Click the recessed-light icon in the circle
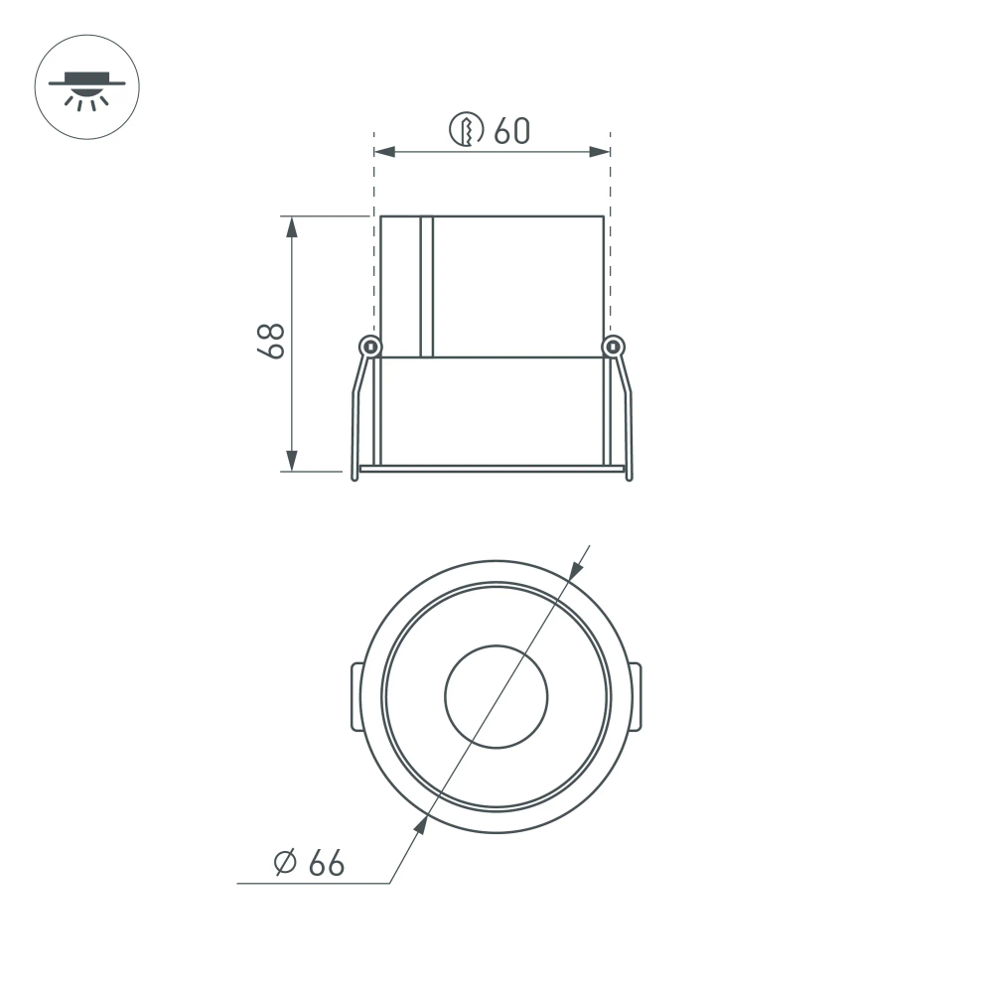pos(87,87)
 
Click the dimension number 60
pos(512,130)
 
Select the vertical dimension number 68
pos(270,341)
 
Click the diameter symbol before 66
pos(286,864)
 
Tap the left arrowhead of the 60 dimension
pos(383,152)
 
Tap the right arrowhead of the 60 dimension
pos(600,152)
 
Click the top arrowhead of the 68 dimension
pos(292,225)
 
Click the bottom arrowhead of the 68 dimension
pos(292,462)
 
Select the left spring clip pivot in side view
pos(370,347)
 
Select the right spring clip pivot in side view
pos(615,347)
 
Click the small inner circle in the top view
pos(496,697)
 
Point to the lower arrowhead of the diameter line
pos(421,824)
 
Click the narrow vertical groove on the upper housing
pos(427,286)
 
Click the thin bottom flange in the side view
pos(493,468)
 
